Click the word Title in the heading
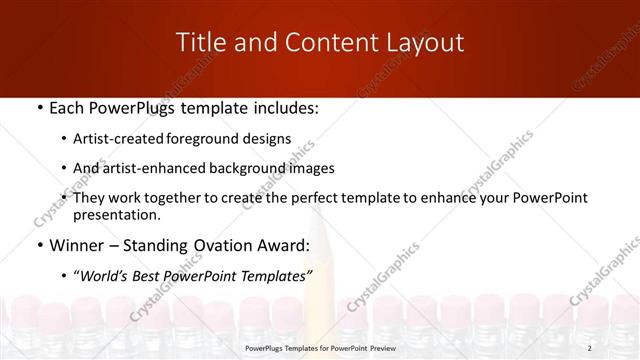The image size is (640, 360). (x=200, y=42)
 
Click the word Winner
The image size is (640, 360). (x=77, y=245)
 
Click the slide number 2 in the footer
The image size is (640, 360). (x=590, y=349)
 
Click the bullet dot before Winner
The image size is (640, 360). (x=38, y=245)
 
